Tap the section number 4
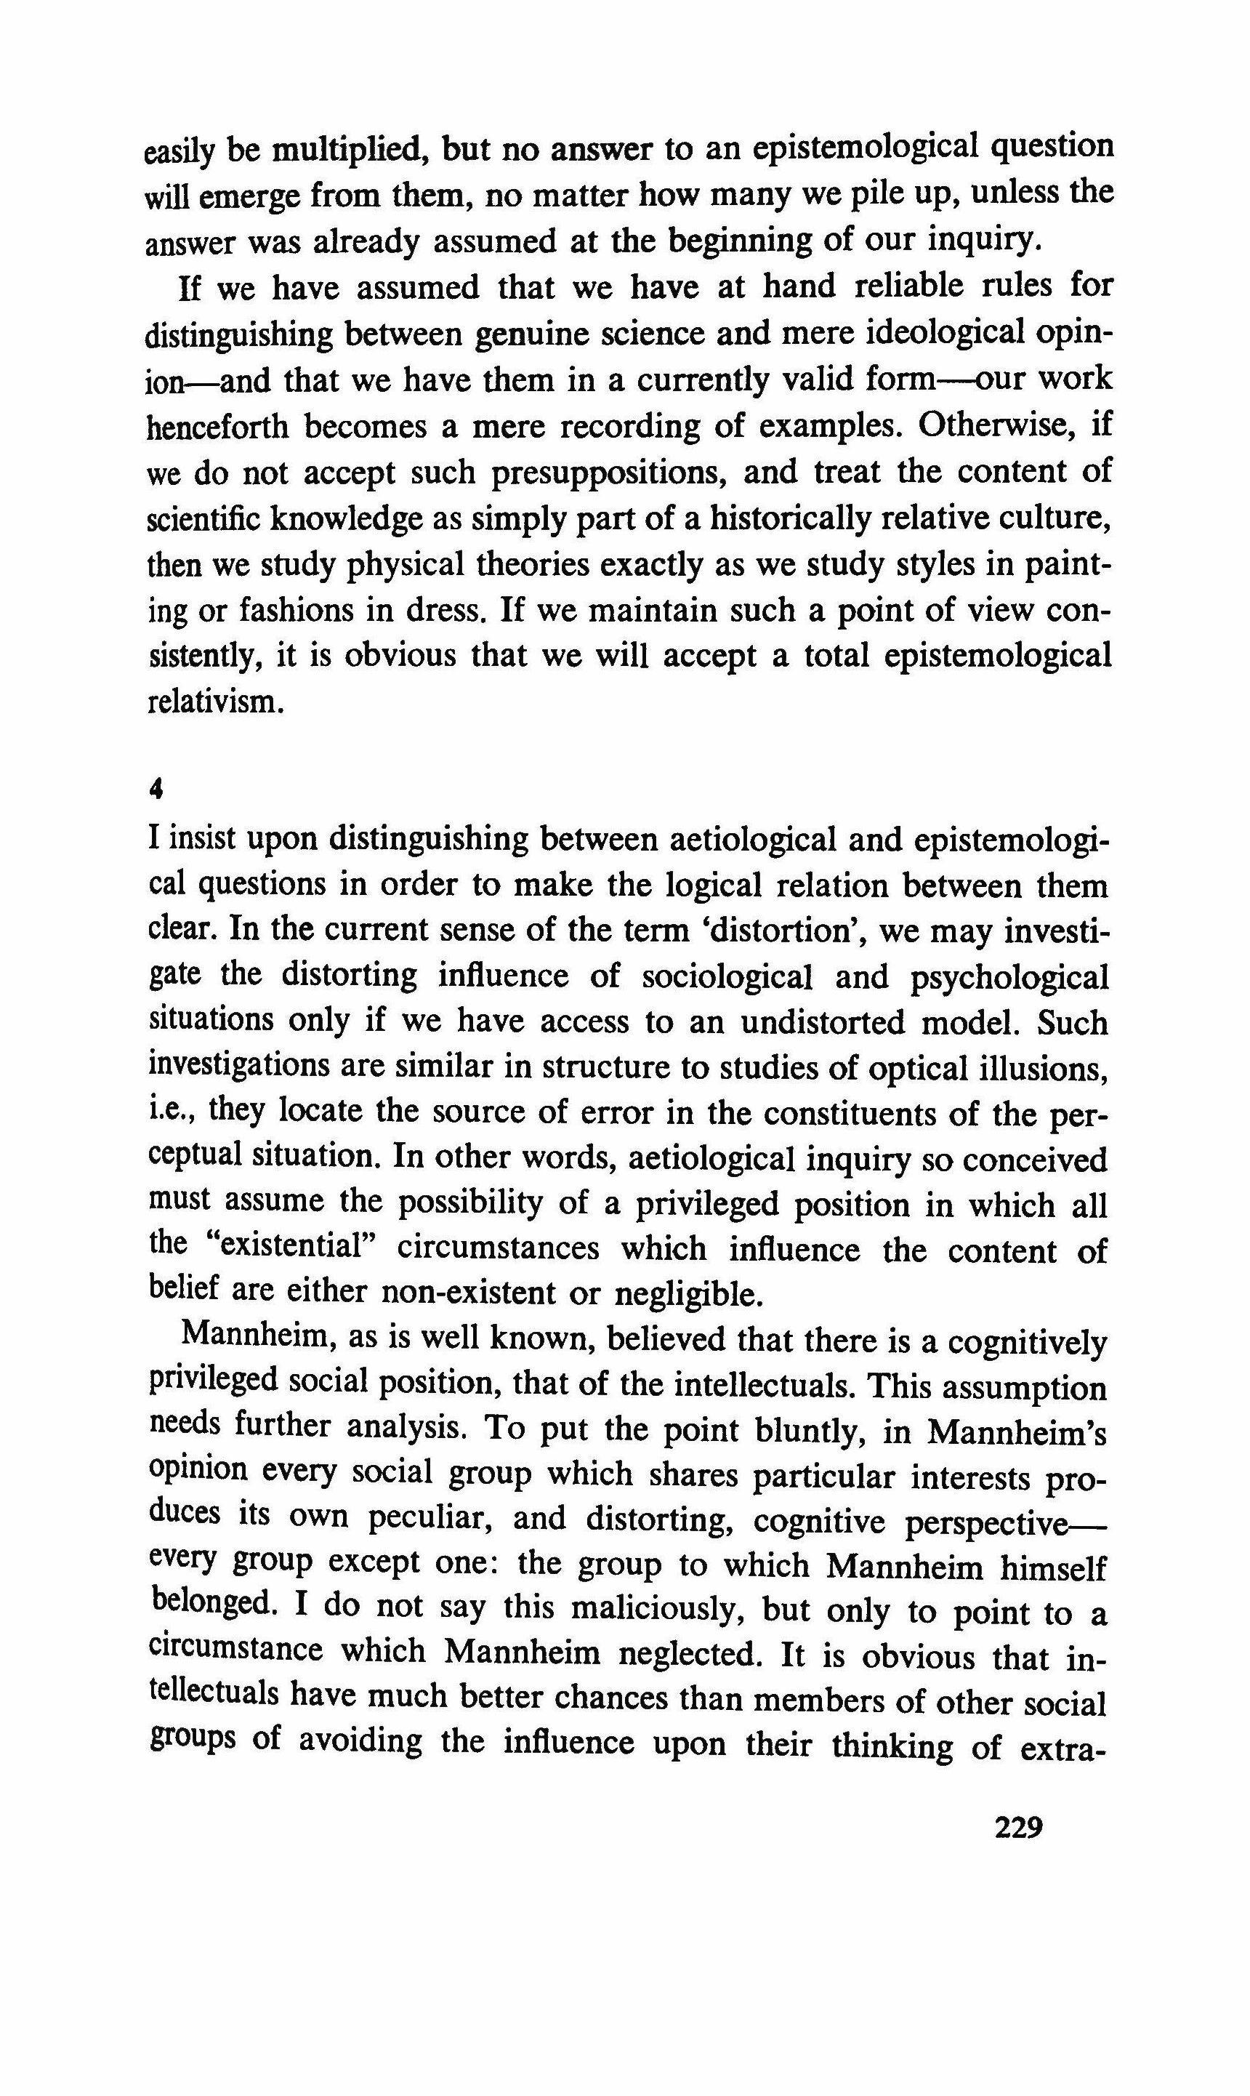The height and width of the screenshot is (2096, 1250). click(155, 789)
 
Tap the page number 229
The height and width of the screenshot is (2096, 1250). click(1018, 1829)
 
